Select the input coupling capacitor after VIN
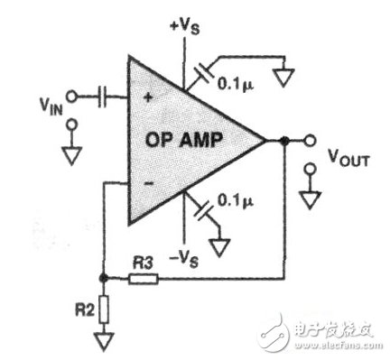(x=102, y=93)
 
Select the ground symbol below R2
(x=104, y=343)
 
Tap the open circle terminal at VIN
(x=76, y=93)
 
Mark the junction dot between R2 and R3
(x=104, y=278)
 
